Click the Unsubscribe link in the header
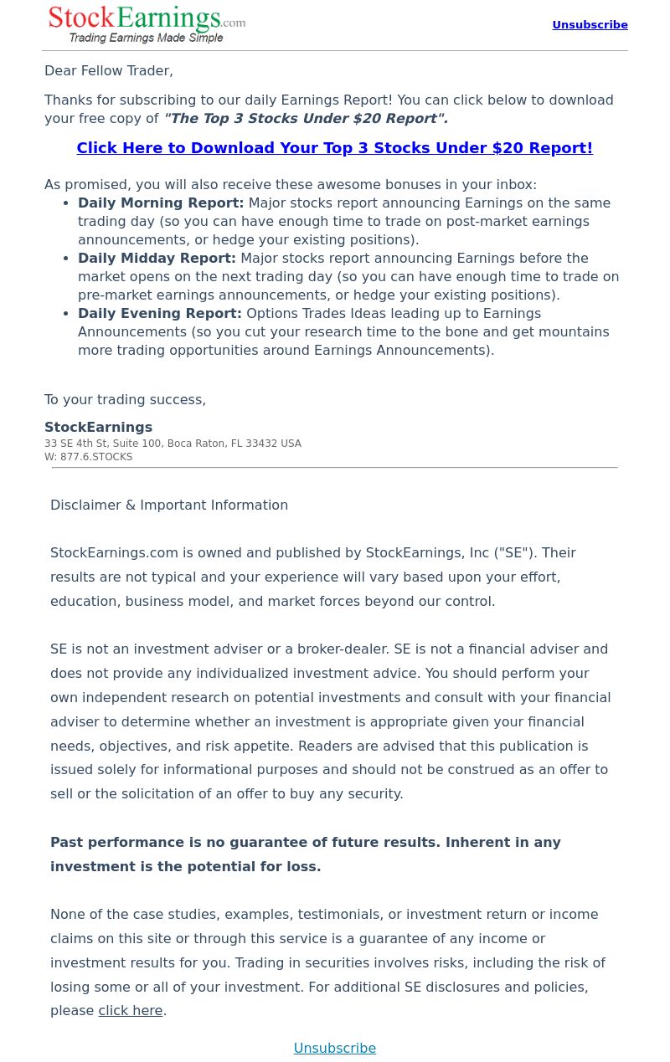590,25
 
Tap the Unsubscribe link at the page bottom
334,1048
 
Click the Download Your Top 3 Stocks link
334,148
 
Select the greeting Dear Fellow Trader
109,71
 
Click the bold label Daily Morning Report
161,203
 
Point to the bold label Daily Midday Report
157,259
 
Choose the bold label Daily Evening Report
160,314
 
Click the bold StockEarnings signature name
98,428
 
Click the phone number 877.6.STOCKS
96,457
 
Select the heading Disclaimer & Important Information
169,505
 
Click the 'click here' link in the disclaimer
131,1011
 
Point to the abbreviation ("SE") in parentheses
513,553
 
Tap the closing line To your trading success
125,400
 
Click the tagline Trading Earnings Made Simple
146,38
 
